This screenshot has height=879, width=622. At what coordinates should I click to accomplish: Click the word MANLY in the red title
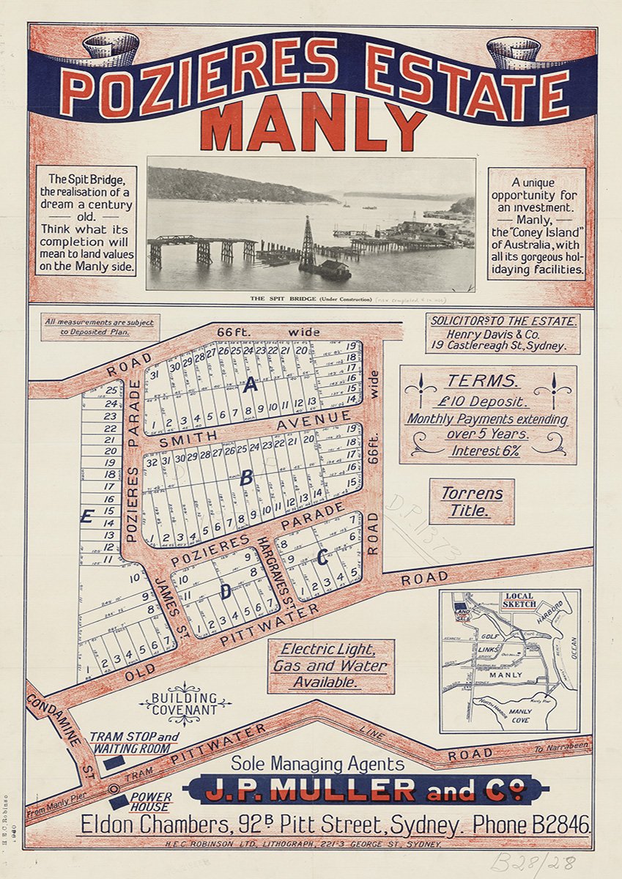(313, 126)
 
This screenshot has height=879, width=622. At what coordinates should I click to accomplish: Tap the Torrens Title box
(472, 502)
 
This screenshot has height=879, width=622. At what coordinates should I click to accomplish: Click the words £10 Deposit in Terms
(487, 401)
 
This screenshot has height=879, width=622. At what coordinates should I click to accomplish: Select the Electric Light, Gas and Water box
(330, 666)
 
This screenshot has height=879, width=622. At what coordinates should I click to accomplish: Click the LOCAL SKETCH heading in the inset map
(519, 601)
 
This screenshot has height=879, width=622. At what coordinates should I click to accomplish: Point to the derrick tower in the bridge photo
(308, 244)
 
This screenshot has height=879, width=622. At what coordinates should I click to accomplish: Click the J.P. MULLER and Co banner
(366, 790)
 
